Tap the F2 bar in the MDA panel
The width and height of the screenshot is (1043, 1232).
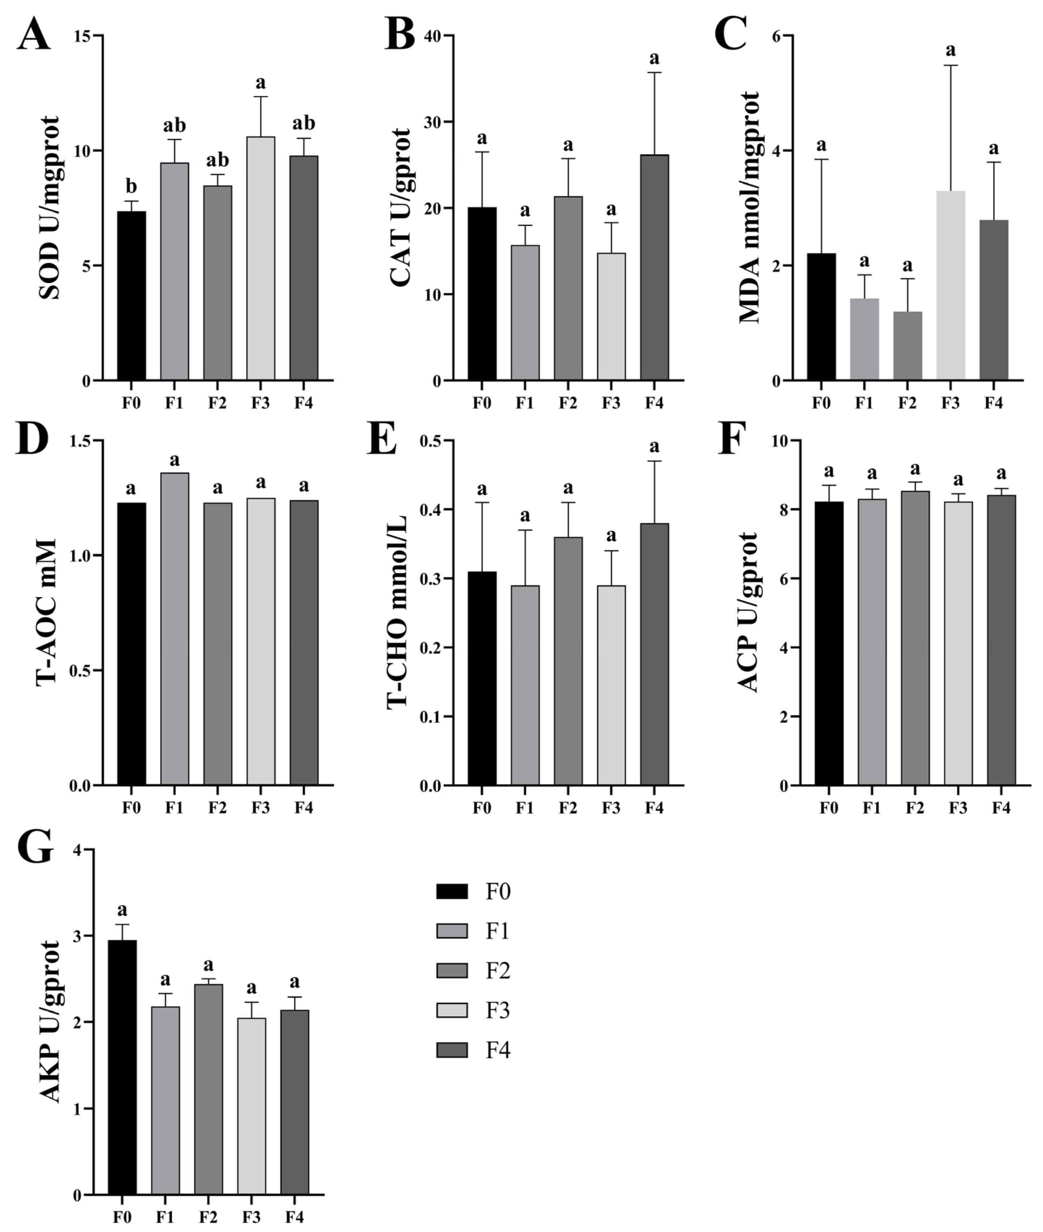907,346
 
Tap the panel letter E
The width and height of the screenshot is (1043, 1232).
381,439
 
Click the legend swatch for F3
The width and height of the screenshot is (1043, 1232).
452,1011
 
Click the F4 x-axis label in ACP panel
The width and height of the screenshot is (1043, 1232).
1001,808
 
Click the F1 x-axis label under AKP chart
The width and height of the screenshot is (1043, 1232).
165,1217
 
